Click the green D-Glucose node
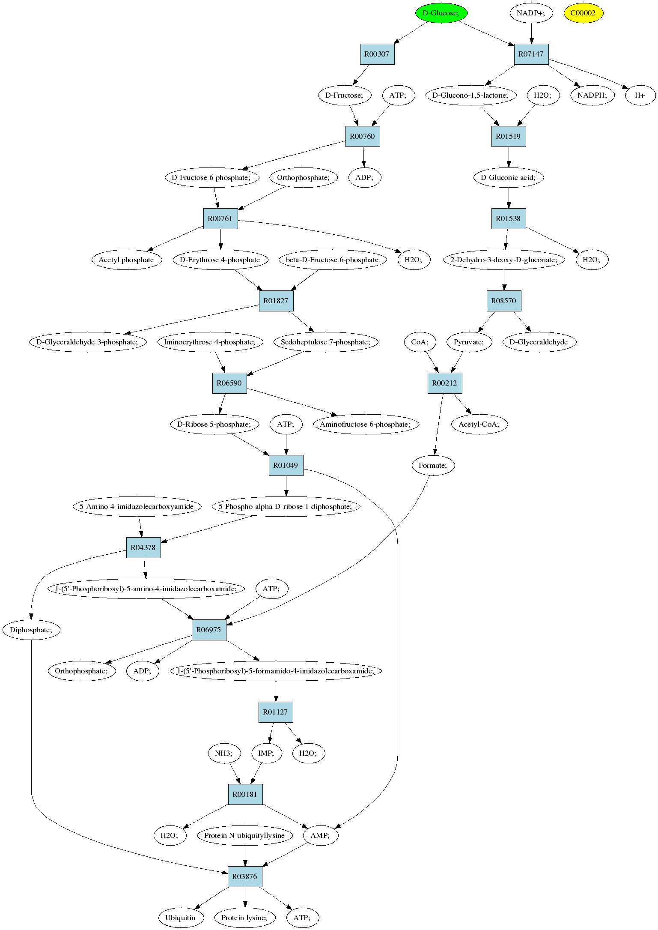tap(441, 13)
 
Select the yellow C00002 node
tap(583, 13)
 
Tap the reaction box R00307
tap(377, 54)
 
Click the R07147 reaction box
tap(531, 54)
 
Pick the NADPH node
tap(592, 95)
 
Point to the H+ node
tap(640, 95)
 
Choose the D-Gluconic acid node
tap(509, 177)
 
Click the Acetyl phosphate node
tap(127, 260)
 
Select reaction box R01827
tap(276, 301)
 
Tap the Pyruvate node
tap(469, 342)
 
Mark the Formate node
tap(433, 465)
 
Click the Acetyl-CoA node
tap(479, 424)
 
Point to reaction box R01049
tap(286, 465)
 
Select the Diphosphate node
tap(31, 630)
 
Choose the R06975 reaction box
tap(209, 630)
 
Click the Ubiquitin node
tap(180, 918)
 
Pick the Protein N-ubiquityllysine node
tap(245, 835)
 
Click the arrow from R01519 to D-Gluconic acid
tap(509, 157)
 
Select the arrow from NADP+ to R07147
tap(531, 33)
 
